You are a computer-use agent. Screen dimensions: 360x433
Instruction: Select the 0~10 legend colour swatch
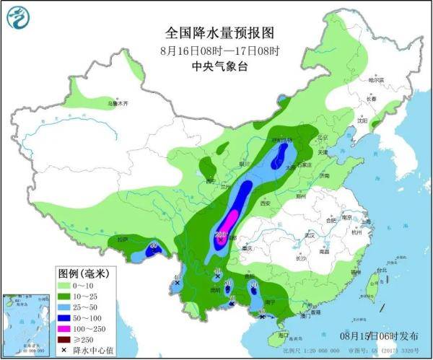click(65, 286)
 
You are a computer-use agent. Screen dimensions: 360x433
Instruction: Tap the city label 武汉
click(311, 235)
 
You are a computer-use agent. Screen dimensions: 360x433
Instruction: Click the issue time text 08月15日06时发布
click(379, 335)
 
